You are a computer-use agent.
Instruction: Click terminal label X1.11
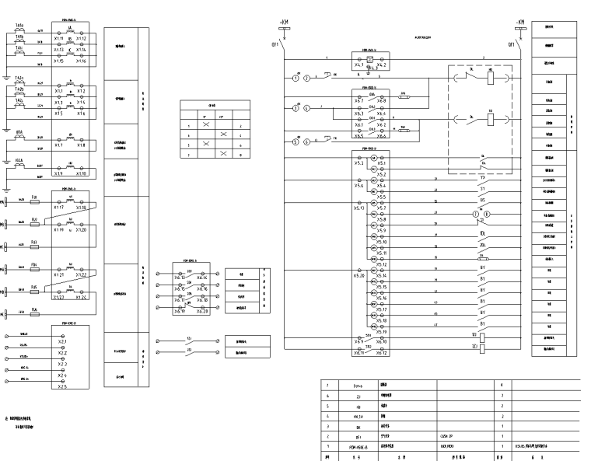tap(59, 37)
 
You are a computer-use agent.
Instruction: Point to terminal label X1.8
tap(86, 145)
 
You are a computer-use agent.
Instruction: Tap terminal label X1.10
tap(86, 174)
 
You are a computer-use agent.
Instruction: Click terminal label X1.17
tap(59, 208)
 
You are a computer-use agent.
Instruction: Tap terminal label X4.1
tap(358, 65)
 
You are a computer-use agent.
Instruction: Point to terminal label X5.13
tap(358, 208)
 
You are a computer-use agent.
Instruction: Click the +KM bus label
tap(285, 21)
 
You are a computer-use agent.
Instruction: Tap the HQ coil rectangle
tap(493, 79)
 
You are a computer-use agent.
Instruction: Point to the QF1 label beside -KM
tap(511, 44)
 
